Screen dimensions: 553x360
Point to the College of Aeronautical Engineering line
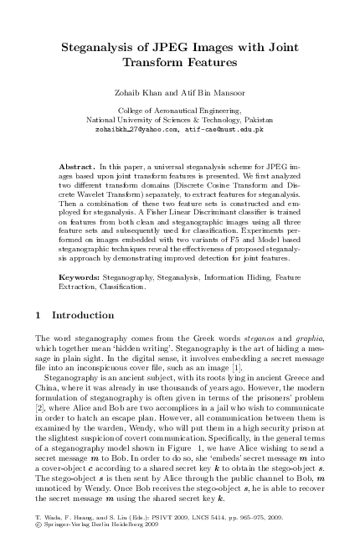[179, 110]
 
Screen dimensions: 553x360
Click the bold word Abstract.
[79, 158]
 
